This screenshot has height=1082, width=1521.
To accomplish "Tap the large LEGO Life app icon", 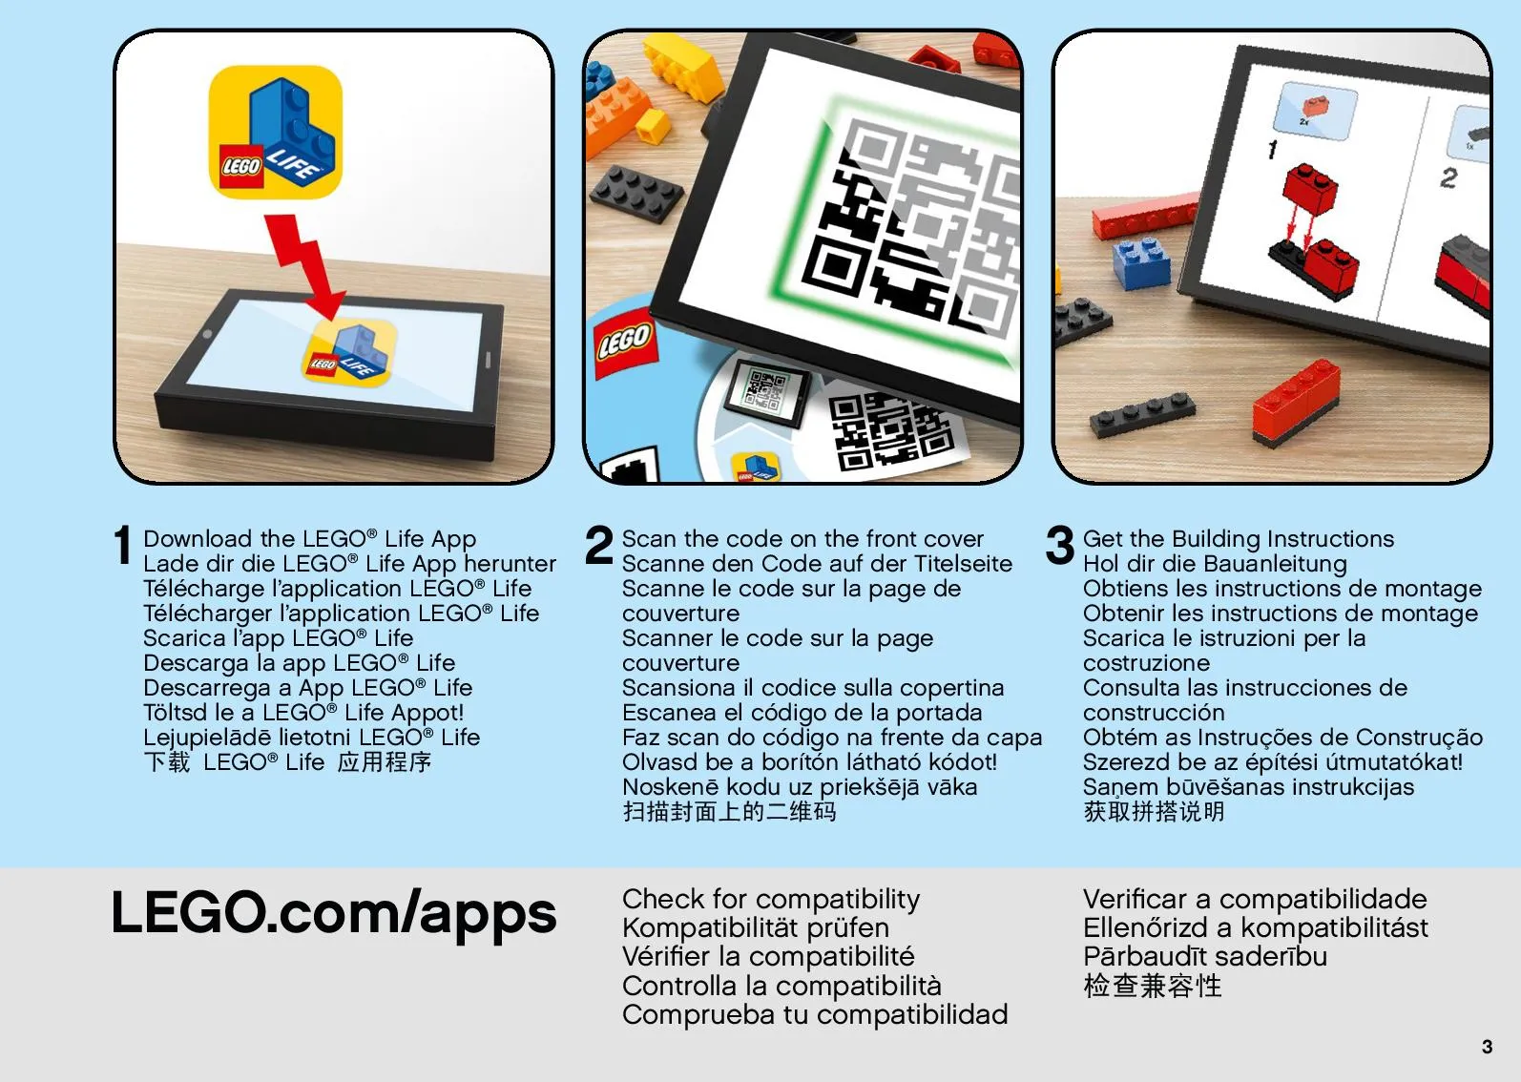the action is click(x=275, y=132).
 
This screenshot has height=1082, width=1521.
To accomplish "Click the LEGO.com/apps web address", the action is click(x=334, y=914).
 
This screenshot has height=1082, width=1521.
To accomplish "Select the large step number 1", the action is click(x=123, y=545).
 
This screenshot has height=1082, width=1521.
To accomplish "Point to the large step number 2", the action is click(x=599, y=545).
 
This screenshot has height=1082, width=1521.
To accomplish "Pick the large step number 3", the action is click(x=1059, y=545).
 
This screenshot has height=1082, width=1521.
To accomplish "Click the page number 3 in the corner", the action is click(x=1487, y=1046).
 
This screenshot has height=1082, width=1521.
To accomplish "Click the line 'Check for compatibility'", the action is click(x=771, y=900).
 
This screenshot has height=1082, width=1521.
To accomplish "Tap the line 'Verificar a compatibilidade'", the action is click(x=1255, y=900).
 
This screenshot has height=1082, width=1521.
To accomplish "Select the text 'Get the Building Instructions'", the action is click(x=1239, y=539).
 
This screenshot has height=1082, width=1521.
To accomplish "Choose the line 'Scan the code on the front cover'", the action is click(x=802, y=539).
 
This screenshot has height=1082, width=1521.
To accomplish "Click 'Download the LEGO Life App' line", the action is click(x=309, y=539).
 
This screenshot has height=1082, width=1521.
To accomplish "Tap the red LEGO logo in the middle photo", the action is click(x=625, y=343).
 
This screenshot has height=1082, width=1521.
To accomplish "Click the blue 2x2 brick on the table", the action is click(x=1141, y=263).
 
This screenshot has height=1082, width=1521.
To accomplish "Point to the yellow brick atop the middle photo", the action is click(x=681, y=65).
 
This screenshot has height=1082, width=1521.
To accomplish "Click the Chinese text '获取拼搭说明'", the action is click(x=1155, y=812).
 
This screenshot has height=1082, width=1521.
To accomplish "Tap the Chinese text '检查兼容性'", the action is click(x=1153, y=986).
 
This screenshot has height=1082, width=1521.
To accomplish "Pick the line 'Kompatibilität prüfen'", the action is click(x=756, y=928).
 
